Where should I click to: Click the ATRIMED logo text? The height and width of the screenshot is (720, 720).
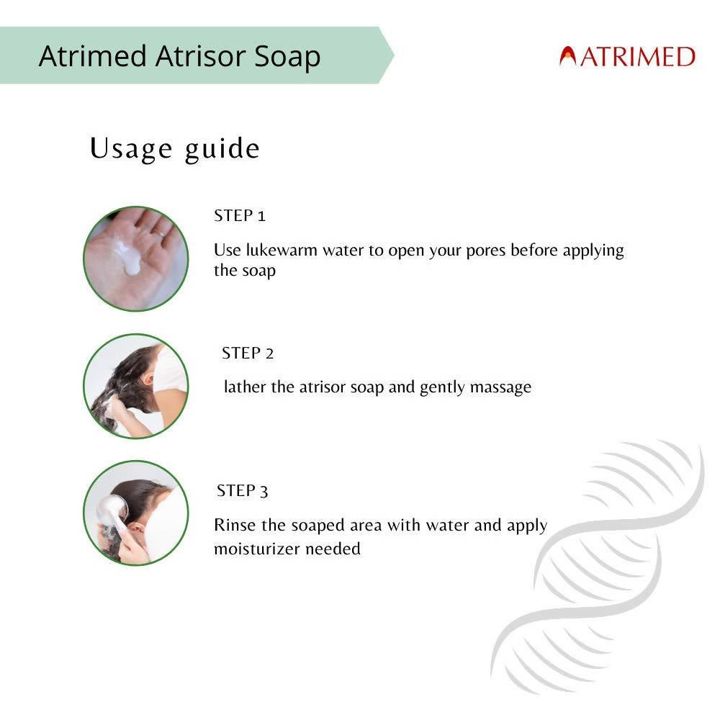tap(636, 56)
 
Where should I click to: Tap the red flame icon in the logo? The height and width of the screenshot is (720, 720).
tap(568, 56)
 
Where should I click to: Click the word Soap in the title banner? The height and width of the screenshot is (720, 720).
tap(287, 56)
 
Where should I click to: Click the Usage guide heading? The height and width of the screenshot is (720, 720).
tap(174, 148)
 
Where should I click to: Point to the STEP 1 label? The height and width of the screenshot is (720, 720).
tap(240, 216)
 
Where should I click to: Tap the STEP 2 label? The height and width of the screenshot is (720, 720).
tap(248, 354)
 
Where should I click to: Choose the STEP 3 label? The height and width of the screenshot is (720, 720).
tap(243, 491)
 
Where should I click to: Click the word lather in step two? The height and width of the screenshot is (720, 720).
tap(246, 387)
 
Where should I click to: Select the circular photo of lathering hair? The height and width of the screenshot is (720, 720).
tap(135, 386)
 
